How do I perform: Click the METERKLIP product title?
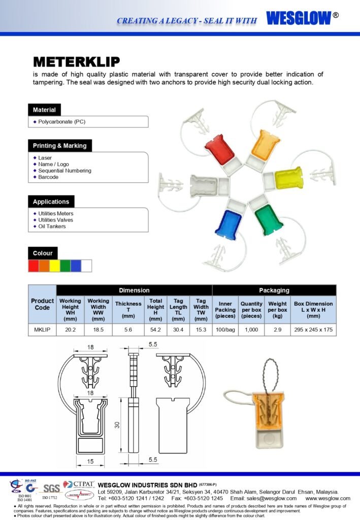click(x=76, y=62)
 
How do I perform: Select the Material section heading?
click(x=44, y=110)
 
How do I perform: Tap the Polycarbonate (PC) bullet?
click(x=60, y=122)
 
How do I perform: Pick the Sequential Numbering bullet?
click(x=64, y=171)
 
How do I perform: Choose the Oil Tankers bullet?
click(x=52, y=226)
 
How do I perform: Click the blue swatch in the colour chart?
click(x=76, y=265)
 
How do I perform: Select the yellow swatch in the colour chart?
click(x=54, y=265)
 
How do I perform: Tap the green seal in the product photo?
click(x=269, y=217)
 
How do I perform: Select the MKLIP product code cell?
click(x=42, y=330)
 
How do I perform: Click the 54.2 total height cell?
click(x=155, y=330)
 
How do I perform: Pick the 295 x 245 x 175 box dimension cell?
click(x=313, y=330)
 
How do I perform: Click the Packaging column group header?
click(x=274, y=290)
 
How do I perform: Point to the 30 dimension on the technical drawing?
click(x=116, y=425)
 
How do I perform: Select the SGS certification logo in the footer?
click(x=50, y=488)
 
